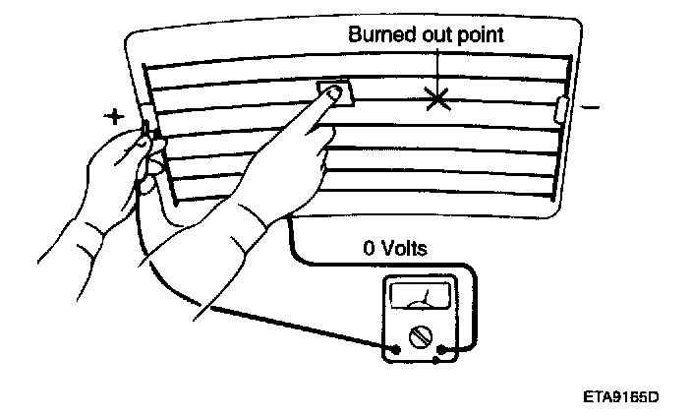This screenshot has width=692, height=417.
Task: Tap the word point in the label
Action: (479, 34)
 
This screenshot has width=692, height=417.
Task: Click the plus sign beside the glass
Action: (116, 116)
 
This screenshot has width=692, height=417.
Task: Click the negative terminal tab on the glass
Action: (562, 108)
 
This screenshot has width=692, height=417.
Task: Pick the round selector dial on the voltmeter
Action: (421, 337)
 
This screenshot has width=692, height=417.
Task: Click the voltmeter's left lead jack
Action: (395, 347)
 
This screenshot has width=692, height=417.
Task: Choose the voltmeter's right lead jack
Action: (446, 347)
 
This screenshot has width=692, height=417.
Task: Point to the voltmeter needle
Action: (425, 296)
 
